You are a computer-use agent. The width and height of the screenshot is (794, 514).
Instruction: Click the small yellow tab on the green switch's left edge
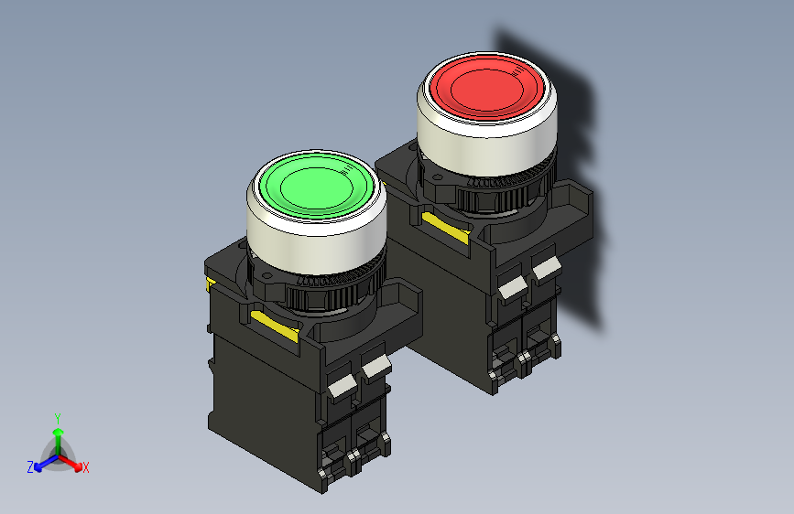212,285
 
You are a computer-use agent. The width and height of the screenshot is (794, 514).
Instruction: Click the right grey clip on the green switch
375,367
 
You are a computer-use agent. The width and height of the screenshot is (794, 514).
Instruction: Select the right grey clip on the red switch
547,267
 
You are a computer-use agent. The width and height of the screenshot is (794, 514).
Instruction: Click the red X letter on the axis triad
86,468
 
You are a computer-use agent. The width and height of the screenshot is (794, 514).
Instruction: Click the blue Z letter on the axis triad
30,467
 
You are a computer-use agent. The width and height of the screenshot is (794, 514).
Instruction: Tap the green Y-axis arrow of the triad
58,435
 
